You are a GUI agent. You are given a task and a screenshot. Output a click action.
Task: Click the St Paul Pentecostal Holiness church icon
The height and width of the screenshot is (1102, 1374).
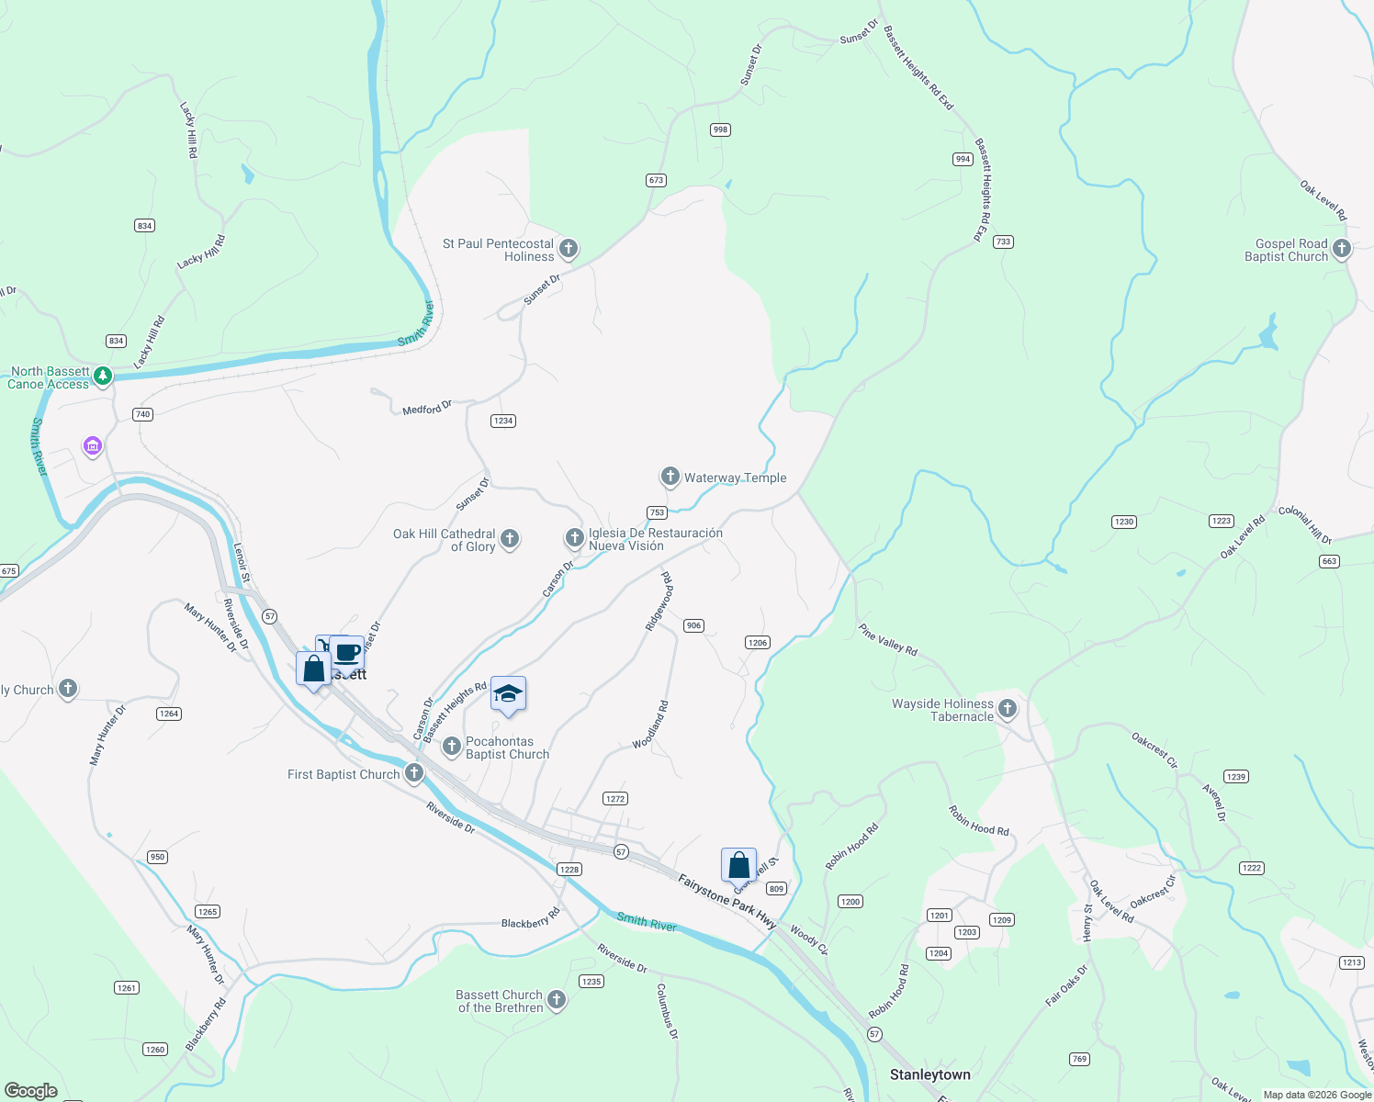point(569,248)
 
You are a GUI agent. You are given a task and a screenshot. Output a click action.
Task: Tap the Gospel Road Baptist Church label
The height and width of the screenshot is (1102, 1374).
point(1286,251)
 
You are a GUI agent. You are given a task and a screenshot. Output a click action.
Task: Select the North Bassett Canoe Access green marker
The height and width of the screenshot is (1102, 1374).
point(103,376)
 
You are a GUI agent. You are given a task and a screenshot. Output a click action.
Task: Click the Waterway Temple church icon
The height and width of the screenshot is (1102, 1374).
point(670,477)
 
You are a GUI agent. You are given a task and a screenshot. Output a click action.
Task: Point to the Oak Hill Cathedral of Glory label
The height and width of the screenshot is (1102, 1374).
point(445,540)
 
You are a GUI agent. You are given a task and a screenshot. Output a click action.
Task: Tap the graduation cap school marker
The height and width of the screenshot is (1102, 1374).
point(508,694)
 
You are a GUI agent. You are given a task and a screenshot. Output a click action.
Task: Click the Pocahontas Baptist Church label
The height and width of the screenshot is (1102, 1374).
point(507,748)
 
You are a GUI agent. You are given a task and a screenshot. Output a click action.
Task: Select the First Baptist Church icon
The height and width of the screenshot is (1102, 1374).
point(414,773)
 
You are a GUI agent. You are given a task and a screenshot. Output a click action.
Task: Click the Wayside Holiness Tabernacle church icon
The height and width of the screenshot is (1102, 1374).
point(1008,708)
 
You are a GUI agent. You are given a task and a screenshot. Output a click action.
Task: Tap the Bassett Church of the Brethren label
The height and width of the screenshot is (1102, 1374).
point(501,1001)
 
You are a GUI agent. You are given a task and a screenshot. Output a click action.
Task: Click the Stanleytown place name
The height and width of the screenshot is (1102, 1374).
point(929,1074)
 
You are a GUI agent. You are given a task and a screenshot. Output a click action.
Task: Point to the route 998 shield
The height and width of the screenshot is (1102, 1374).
point(720,129)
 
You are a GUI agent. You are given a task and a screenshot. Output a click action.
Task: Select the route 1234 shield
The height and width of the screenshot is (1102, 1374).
point(502,421)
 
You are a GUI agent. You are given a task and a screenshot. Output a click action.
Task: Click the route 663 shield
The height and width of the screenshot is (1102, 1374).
point(1329,561)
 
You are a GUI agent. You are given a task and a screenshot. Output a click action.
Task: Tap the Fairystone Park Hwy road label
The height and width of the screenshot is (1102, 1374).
point(726,902)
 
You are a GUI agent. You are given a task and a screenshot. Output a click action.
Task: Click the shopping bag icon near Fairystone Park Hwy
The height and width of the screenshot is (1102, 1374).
point(739,865)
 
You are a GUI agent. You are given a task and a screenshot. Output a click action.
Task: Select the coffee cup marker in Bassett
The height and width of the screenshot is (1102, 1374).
point(347,653)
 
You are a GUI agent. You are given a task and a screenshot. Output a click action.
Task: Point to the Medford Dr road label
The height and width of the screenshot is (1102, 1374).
point(427,408)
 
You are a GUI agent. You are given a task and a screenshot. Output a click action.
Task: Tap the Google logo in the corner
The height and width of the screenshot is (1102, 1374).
point(30,1090)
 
